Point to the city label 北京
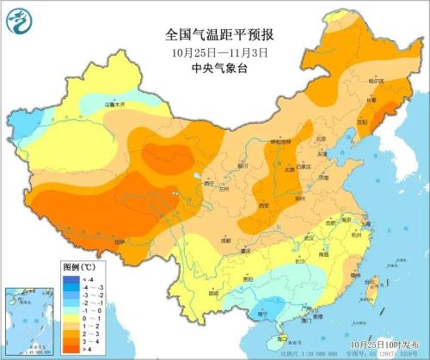pyautogui.click(x=321, y=137)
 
